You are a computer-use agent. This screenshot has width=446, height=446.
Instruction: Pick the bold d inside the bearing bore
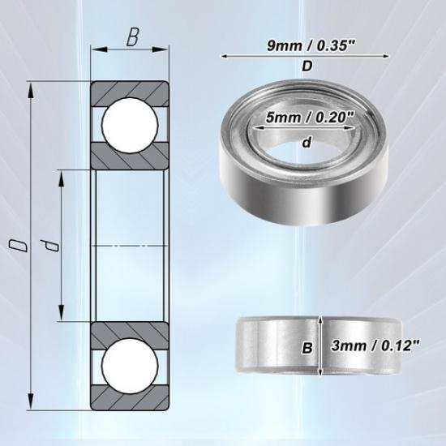coord(307,143)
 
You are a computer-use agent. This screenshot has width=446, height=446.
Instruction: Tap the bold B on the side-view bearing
coord(307,348)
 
